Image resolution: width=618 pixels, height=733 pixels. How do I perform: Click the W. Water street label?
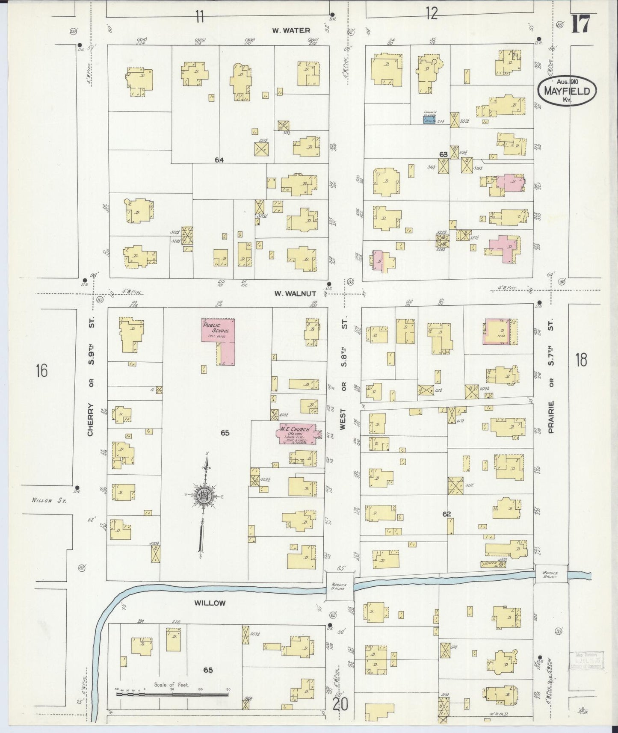[291, 30]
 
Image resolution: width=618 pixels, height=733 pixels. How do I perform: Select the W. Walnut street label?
[295, 294]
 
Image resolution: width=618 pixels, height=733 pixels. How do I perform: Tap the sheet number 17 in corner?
[580, 24]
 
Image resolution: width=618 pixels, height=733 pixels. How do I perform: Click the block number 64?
[219, 160]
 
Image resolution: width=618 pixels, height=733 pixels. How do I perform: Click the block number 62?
[447, 514]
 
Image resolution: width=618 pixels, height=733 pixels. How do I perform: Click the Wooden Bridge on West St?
[340, 585]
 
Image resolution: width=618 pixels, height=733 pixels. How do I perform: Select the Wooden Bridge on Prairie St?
[551, 574]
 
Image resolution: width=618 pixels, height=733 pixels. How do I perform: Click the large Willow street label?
[210, 603]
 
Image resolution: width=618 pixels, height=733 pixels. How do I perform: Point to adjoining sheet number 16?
[41, 370]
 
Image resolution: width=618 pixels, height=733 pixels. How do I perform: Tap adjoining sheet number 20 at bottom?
[340, 704]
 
